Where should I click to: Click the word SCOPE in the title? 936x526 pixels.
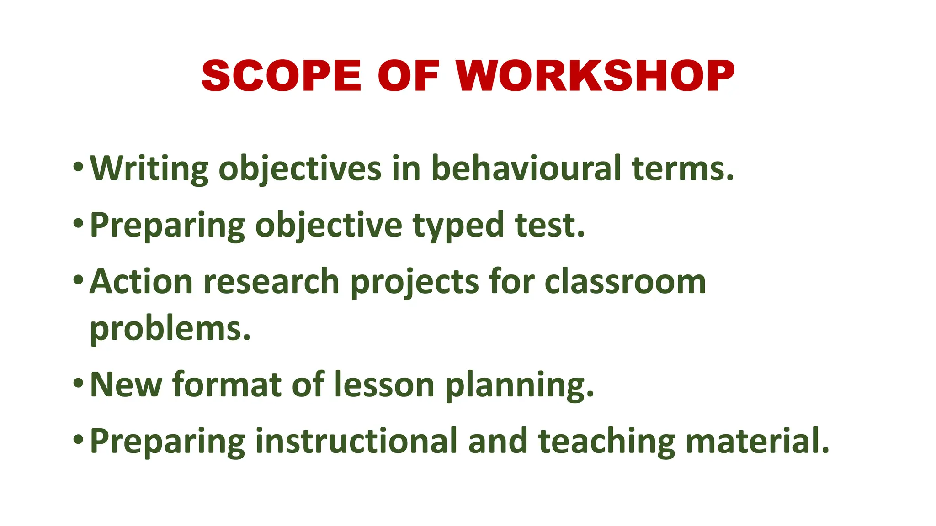pyautogui.click(x=281, y=75)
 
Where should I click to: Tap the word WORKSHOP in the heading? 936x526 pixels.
pyautogui.click(x=595, y=75)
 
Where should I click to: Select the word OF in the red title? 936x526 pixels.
pyautogui.click(x=408, y=75)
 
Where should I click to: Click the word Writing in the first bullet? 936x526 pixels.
pyautogui.click(x=149, y=169)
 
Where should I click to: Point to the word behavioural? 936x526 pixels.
pyautogui.click(x=526, y=168)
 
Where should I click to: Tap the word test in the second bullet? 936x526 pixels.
pyautogui.click(x=549, y=226)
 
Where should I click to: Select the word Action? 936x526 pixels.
pyautogui.click(x=141, y=281)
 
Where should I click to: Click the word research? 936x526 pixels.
pyautogui.click(x=271, y=281)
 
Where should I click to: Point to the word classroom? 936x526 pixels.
pyautogui.click(x=625, y=281)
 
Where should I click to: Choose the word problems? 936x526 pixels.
pyautogui.click(x=170, y=329)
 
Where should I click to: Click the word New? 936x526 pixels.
pyautogui.click(x=126, y=384)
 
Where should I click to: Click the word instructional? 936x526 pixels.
pyautogui.click(x=356, y=441)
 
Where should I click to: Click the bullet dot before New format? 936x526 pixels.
pyautogui.click(x=78, y=383)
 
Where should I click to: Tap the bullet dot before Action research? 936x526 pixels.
pyautogui.click(x=78, y=279)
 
